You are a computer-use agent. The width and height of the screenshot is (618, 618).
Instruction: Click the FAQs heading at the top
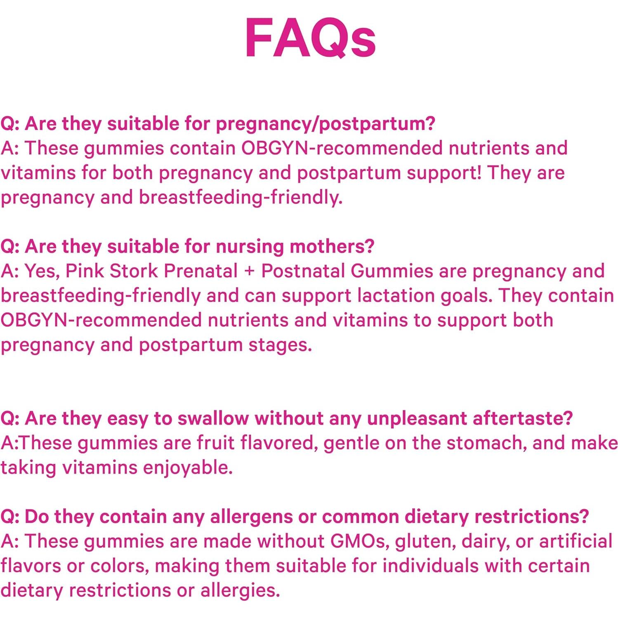click(310, 38)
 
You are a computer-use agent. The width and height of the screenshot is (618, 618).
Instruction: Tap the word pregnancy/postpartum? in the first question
click(326, 124)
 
